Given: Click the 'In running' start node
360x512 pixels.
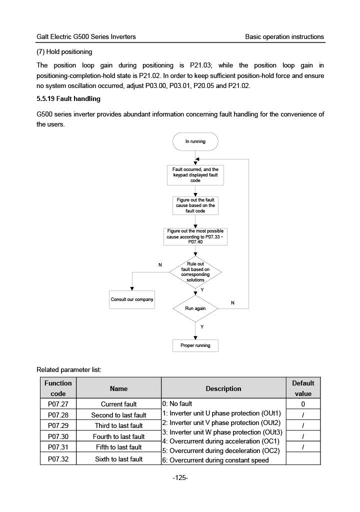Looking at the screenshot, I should [195, 141].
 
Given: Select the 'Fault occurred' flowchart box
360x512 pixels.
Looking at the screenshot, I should [195, 175].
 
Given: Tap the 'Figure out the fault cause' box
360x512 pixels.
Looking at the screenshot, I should [195, 205].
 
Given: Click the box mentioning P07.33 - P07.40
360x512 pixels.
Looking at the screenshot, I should [195, 236].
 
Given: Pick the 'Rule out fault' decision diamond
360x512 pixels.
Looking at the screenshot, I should [195, 271].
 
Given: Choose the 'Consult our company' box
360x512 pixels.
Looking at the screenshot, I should [132, 299].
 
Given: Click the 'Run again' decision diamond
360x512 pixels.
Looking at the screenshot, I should [195, 308].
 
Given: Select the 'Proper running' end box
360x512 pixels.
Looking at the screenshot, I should [195, 345].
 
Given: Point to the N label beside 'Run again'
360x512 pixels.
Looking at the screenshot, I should [232, 303].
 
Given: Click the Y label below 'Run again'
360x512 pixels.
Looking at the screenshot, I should [202, 326].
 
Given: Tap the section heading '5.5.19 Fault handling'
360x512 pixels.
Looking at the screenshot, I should [68, 99].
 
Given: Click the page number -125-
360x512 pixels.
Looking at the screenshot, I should [180, 478].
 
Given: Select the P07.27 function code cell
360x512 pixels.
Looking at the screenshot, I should [58, 404].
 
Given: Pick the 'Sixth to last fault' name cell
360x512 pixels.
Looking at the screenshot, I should [118, 459].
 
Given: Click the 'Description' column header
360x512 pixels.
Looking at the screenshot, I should [223, 388].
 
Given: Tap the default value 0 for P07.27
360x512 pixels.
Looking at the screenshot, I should [303, 404].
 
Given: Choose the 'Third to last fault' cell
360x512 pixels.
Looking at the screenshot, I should [118, 426].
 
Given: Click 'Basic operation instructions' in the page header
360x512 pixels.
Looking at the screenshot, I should [284, 37].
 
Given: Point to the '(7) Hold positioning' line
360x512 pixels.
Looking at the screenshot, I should [64, 52].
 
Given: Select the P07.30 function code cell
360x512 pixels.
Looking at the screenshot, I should [58, 437].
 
